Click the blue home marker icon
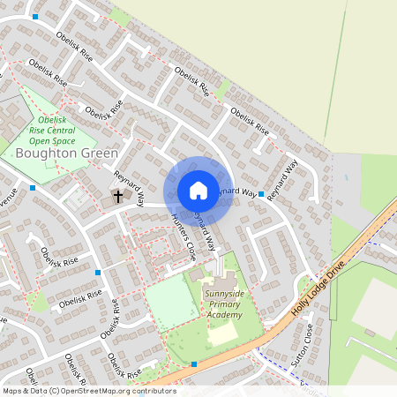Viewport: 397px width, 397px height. click(198, 191)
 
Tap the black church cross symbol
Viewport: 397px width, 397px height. click(117, 195)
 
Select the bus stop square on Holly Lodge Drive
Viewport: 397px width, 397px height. click(194, 363)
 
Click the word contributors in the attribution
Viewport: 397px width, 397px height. click(150, 390)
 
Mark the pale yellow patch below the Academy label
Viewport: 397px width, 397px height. click(221, 333)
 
